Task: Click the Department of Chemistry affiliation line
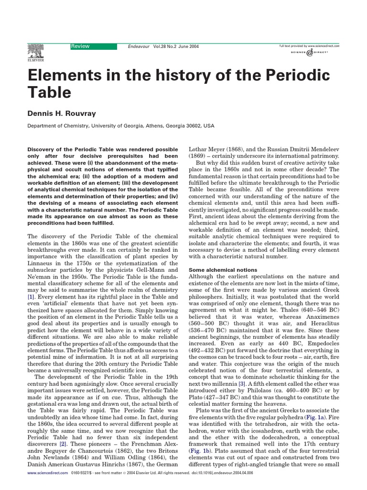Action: coord(120,126)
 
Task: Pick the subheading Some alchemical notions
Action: coord(219,270)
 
